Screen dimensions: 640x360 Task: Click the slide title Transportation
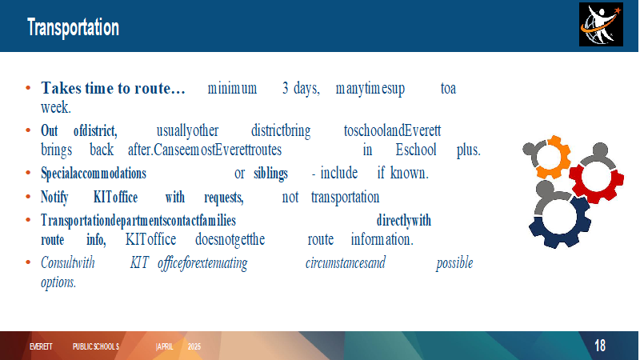(x=73, y=27)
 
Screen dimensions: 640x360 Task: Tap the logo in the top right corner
(x=601, y=25)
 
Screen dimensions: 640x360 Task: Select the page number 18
(x=599, y=346)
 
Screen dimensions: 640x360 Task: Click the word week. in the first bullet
(x=56, y=107)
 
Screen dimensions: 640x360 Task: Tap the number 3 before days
(x=286, y=88)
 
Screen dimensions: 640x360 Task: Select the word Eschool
(x=416, y=150)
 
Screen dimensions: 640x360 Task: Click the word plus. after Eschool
(x=469, y=150)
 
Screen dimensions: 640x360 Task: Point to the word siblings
(x=270, y=174)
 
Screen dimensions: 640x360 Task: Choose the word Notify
(x=54, y=198)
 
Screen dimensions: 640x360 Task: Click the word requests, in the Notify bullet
(x=224, y=198)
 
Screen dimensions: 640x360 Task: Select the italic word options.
(x=58, y=282)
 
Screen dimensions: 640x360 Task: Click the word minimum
(x=232, y=88)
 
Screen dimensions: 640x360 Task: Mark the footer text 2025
(x=194, y=346)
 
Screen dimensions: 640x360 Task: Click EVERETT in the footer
(x=41, y=346)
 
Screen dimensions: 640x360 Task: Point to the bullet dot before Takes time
(x=28, y=88)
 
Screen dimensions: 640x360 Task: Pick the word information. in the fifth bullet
(x=382, y=239)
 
